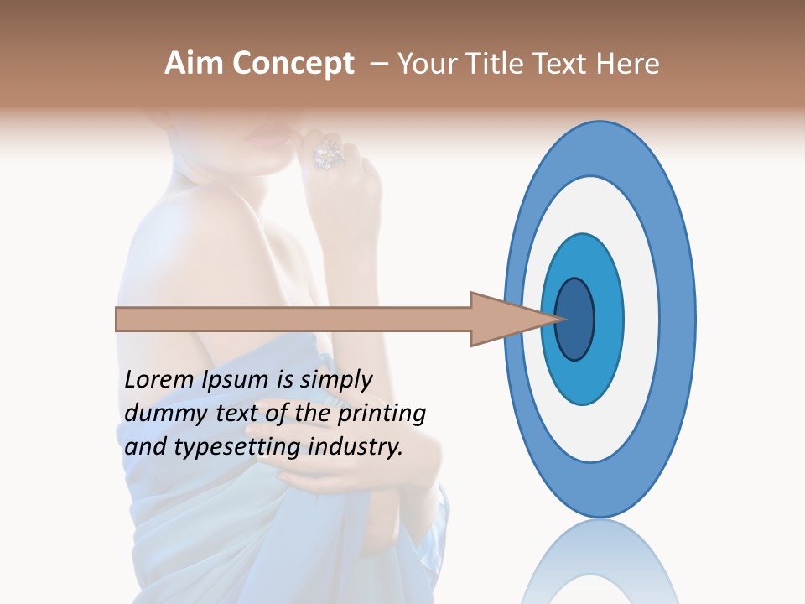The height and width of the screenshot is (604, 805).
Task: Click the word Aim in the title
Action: click(x=194, y=64)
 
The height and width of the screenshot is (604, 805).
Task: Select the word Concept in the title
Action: click(x=291, y=64)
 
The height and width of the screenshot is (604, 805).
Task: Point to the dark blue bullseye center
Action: click(x=574, y=319)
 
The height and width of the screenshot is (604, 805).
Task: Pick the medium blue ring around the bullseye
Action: click(x=609, y=319)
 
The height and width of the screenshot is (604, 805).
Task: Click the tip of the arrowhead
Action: click(x=560, y=319)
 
